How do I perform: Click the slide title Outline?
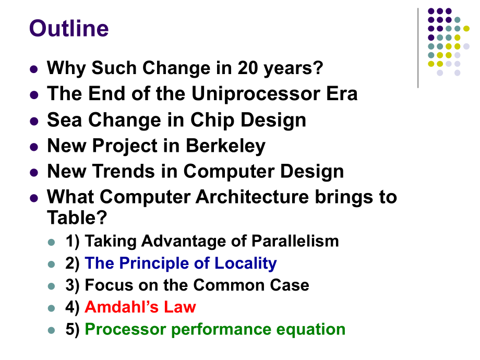69,29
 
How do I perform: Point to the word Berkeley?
225,146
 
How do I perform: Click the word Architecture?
252,197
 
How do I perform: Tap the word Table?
77,218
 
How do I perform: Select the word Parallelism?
295,241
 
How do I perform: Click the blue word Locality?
246,263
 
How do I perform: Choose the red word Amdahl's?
122,307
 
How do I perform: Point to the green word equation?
311,330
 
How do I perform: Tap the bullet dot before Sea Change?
34,121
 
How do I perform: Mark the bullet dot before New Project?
34,147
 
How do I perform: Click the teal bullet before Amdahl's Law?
52,308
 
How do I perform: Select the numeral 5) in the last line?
72,330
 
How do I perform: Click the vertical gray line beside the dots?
418,48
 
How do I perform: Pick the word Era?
342,94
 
